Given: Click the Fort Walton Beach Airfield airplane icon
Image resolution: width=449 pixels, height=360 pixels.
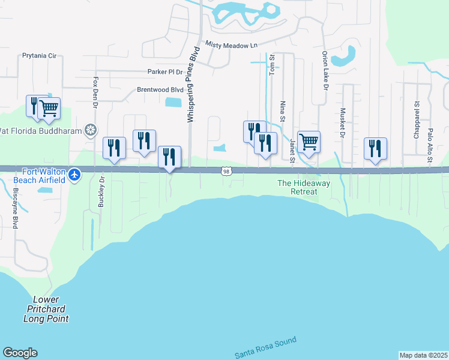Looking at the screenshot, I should (73, 175).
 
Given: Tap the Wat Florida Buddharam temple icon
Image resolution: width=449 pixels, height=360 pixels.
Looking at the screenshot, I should (91, 130).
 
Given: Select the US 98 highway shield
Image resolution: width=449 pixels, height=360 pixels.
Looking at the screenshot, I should (224, 172).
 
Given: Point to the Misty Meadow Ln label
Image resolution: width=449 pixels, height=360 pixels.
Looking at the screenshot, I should (231, 45).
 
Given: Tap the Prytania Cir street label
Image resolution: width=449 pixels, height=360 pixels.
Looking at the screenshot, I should (39, 56).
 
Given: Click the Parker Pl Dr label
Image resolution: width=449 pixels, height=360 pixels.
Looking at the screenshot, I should (164, 72).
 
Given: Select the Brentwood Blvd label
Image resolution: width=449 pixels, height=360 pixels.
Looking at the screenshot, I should (160, 90).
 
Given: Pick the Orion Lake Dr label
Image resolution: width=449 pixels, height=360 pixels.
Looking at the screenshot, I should (324, 71).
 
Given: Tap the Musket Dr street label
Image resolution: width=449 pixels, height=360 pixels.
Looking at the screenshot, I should (342, 123).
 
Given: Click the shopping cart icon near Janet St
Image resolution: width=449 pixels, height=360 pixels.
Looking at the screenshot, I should (309, 143).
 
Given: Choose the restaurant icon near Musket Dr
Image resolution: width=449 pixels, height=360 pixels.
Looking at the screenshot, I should (375, 149).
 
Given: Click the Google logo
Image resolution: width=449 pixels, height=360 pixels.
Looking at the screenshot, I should (20, 353).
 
